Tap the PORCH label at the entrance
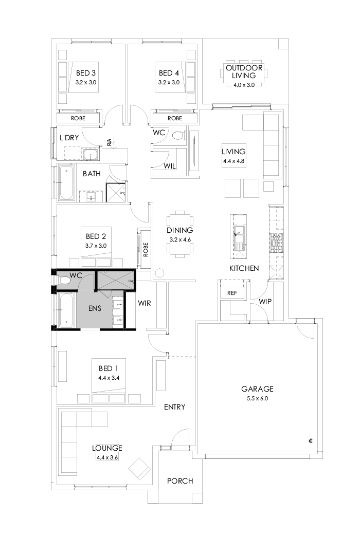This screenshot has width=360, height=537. tap(180, 481)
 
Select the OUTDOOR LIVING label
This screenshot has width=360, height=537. tap(244, 71)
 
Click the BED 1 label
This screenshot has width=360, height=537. tap(108, 368)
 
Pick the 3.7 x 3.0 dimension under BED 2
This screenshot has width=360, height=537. tap(96, 246)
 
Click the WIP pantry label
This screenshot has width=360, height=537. tap(265, 301)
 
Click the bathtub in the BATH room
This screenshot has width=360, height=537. tap(66, 183)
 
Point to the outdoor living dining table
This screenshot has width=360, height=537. tap(244, 75)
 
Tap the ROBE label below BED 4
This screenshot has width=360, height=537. tap(174, 118)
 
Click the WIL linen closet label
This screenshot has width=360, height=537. tap(171, 166)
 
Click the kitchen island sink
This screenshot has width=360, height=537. tap(239, 232)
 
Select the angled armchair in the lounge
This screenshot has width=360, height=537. tap(139, 468)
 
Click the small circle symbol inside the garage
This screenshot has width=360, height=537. tap(311, 440)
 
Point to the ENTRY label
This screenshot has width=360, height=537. tap(174, 407)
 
